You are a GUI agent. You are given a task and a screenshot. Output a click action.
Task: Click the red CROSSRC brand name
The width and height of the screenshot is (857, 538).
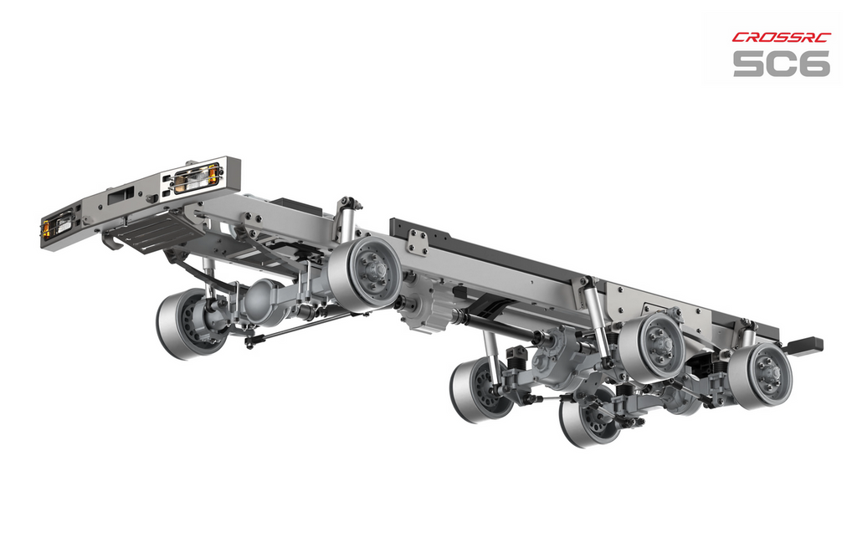pos(782,37)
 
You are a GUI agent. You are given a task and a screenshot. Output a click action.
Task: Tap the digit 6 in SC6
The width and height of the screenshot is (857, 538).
pos(813,64)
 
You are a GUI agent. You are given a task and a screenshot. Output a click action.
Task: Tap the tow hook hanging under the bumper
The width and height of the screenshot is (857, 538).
pos(111,240)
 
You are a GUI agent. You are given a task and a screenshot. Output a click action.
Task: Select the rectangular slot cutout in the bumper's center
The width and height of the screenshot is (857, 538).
pos(121,195)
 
